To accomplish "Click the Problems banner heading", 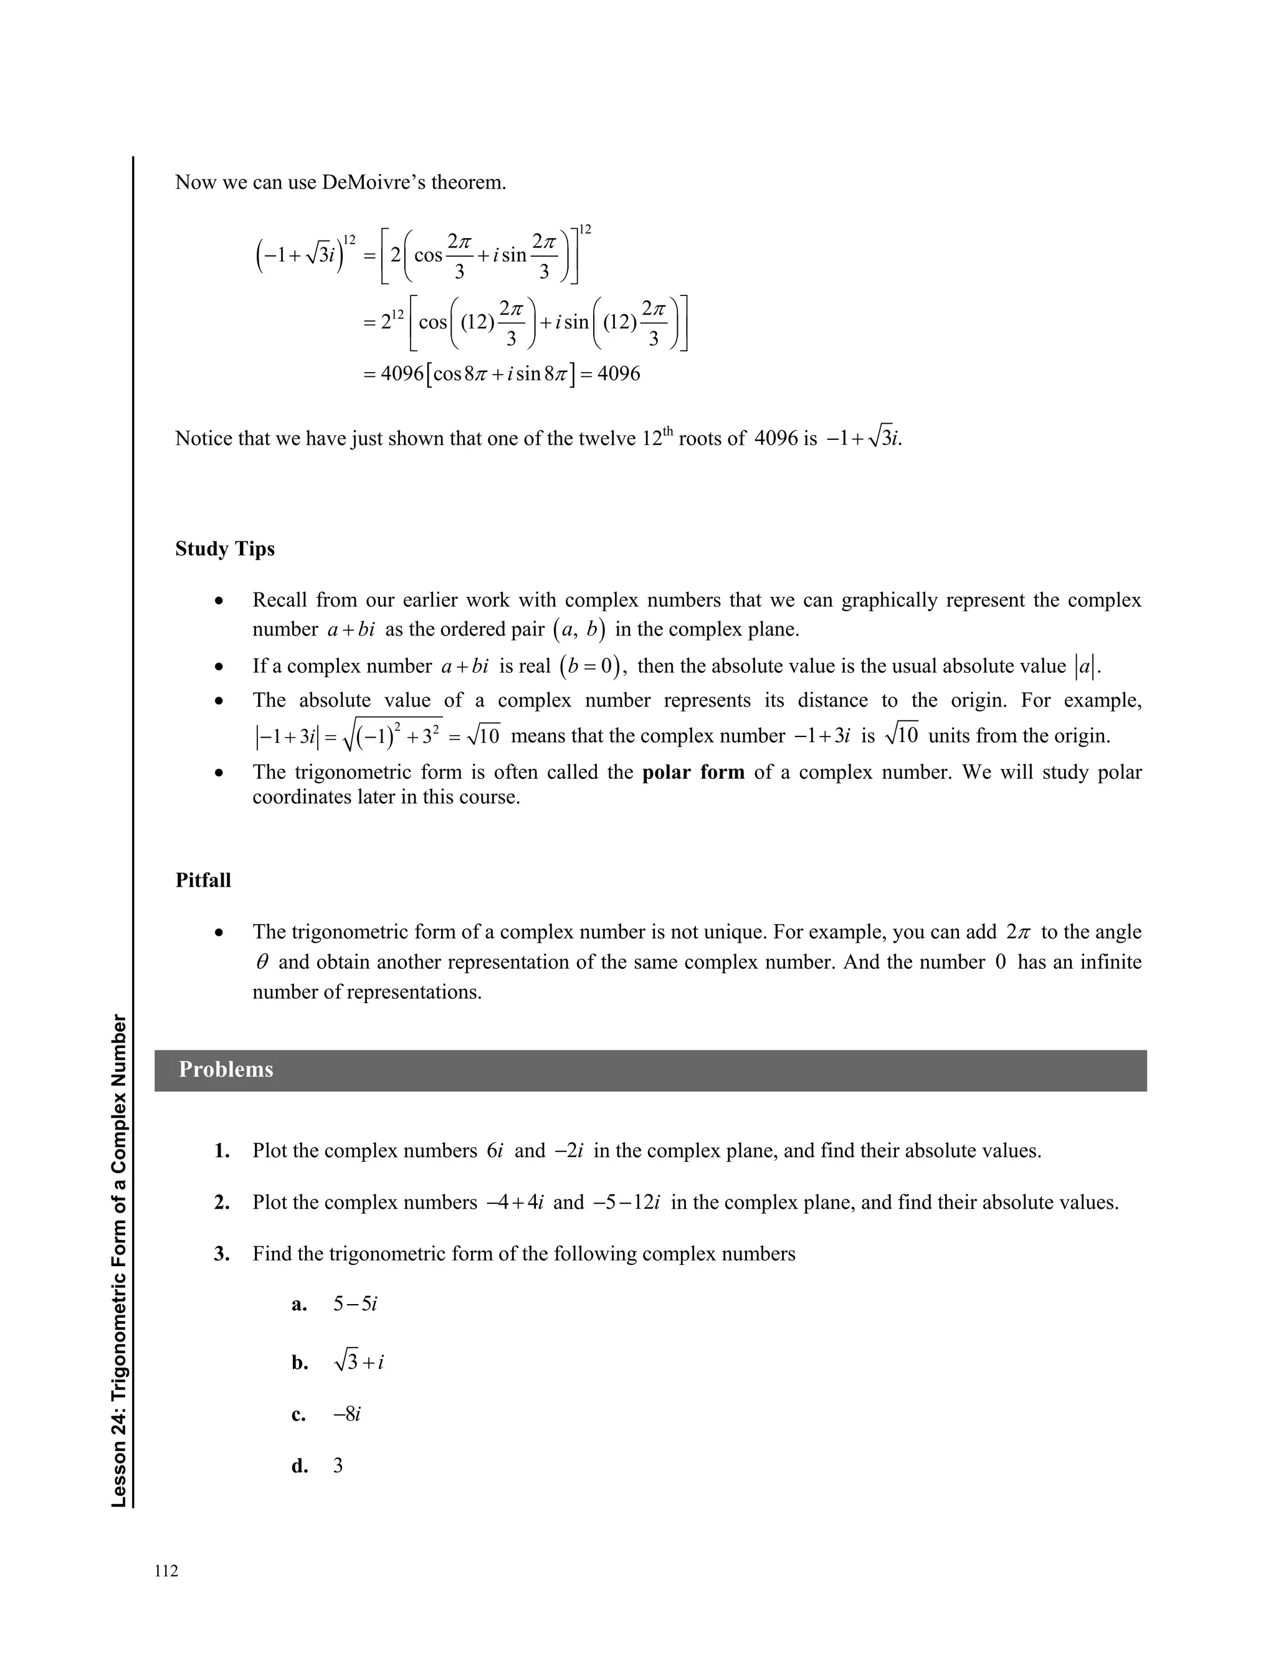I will click(226, 1069).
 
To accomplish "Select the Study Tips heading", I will click(225, 549).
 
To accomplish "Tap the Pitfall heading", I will click(202, 880).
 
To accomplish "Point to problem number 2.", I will click(222, 1203).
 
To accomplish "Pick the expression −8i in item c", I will click(347, 1414).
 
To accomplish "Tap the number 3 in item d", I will click(338, 1466).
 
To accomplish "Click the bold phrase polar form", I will click(693, 772).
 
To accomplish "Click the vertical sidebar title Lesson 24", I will click(119, 1260).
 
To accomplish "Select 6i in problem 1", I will click(495, 1151).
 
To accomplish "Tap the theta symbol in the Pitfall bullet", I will click(262, 962).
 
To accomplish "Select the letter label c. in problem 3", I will click(298, 1414).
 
